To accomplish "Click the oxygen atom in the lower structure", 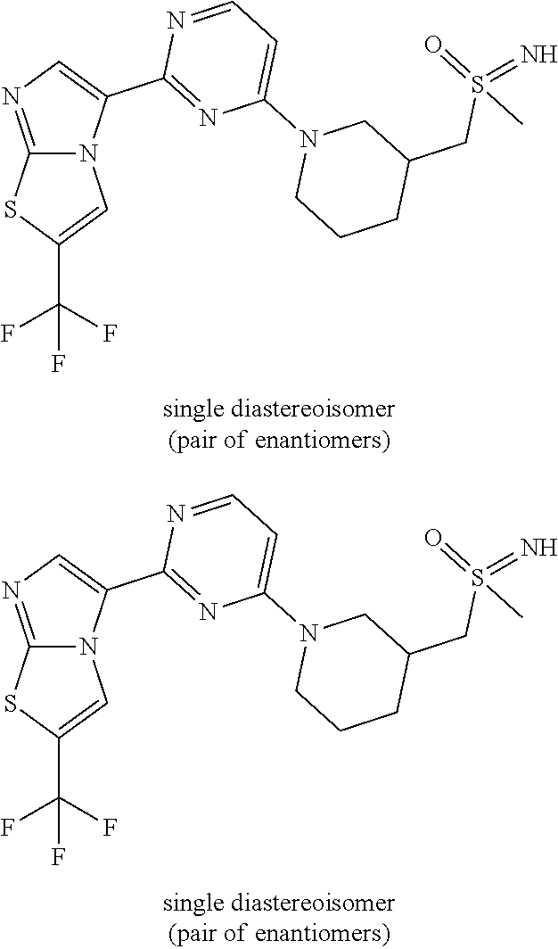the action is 434,537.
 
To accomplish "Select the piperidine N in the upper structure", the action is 308,140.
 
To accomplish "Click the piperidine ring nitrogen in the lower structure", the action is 308,631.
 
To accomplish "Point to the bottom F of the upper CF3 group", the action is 59,366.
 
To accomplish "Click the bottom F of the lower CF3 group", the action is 59,857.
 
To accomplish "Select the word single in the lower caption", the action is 190,903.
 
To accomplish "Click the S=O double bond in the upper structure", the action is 455,64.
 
